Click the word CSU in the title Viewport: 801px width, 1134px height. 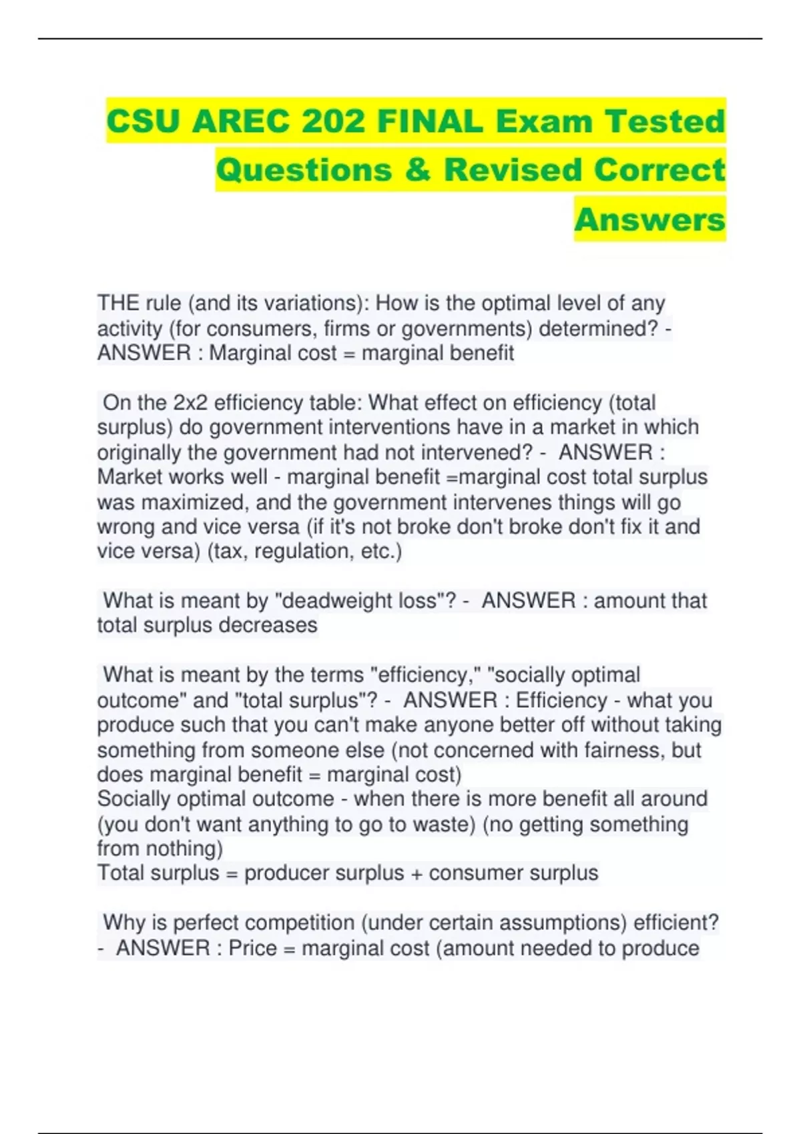click(x=143, y=121)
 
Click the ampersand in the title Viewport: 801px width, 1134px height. click(x=418, y=169)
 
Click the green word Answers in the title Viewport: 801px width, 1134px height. click(x=649, y=219)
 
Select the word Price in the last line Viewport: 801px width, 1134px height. click(x=252, y=948)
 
